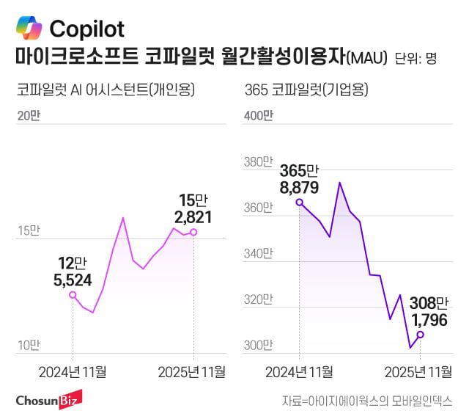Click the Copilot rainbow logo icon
29,29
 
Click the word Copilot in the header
86,29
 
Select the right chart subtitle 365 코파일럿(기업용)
306,90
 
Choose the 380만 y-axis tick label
258,162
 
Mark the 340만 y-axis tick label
258,255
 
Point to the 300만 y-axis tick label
258,345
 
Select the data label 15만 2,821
193,208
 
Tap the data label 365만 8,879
299,179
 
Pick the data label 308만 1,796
420,311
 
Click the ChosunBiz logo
48,400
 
